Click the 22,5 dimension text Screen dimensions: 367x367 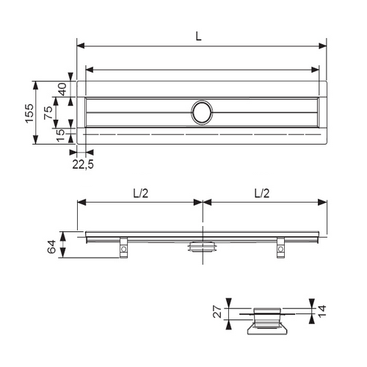click(82, 164)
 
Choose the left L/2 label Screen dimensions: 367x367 click(140, 193)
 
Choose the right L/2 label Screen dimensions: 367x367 click(262, 193)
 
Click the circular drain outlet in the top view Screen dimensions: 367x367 click(202, 112)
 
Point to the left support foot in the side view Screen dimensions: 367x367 click(123, 248)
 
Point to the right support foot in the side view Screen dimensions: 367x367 click(280, 248)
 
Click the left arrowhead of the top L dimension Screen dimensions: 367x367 click(80, 46)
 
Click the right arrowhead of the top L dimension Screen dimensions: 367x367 click(324, 46)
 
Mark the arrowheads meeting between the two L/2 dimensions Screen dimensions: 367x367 click(202, 203)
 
